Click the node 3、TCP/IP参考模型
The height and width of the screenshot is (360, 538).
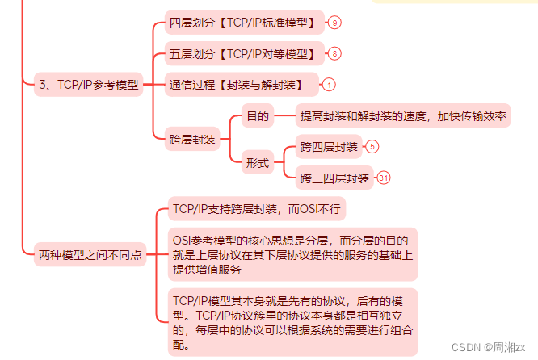(x=89, y=85)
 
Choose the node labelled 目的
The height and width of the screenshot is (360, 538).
(x=258, y=117)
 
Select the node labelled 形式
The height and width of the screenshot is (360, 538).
(x=258, y=162)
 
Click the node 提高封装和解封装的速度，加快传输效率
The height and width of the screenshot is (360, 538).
(x=404, y=117)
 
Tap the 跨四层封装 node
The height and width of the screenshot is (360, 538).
(x=329, y=147)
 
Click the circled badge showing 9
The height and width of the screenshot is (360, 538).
(x=335, y=23)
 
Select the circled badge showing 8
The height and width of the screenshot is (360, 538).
(x=335, y=54)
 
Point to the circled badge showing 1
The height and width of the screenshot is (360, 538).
(x=330, y=85)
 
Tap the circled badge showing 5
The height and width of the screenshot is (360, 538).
(x=372, y=147)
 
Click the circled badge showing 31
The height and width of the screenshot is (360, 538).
(x=384, y=178)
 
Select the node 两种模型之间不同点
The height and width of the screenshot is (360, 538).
(x=90, y=255)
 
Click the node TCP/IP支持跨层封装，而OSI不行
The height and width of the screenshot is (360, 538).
(x=257, y=210)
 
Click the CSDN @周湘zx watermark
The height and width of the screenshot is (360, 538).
(x=489, y=347)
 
